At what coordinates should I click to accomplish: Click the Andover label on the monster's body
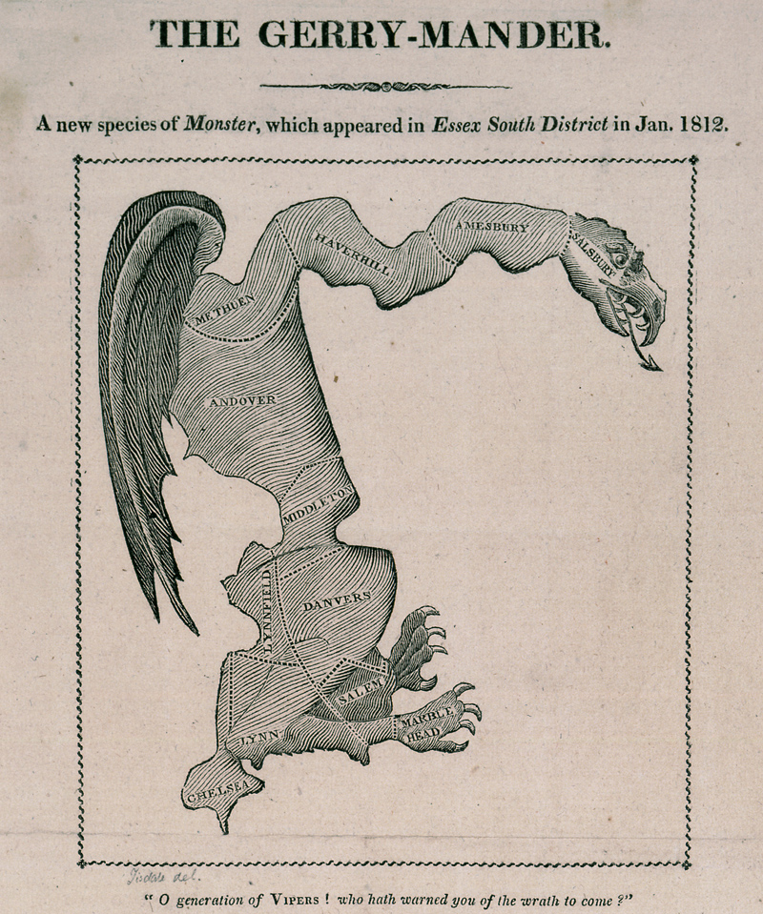pyautogui.click(x=242, y=401)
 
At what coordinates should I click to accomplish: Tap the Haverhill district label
pyautogui.click(x=352, y=253)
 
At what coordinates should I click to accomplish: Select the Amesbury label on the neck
pyautogui.click(x=491, y=227)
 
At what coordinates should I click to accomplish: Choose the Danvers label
pyautogui.click(x=336, y=602)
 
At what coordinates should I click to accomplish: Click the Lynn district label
pyautogui.click(x=257, y=739)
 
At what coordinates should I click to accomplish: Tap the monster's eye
pyautogui.click(x=621, y=257)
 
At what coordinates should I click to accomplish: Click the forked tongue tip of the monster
pyautogui.click(x=653, y=363)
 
